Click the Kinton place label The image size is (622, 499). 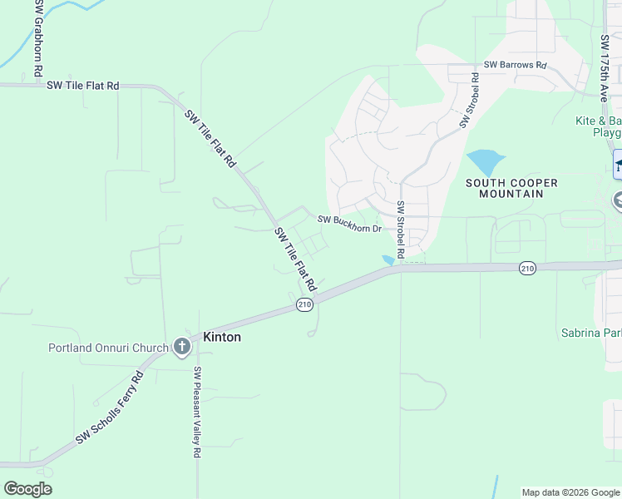222,337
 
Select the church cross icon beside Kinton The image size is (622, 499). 183,347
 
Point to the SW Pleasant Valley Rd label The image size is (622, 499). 198,413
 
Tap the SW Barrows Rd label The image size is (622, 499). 516,65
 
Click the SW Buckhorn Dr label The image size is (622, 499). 349,224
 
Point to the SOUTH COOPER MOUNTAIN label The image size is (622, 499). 511,188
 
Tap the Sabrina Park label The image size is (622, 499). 591,333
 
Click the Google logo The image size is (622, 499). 27,489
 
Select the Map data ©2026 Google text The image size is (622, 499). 570,492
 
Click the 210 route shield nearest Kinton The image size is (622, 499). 304,306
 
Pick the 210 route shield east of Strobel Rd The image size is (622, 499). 527,268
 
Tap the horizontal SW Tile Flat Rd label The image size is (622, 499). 83,85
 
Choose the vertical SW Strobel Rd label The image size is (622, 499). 400,229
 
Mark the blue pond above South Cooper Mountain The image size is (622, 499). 485,160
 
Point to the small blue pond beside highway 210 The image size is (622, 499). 388,260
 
